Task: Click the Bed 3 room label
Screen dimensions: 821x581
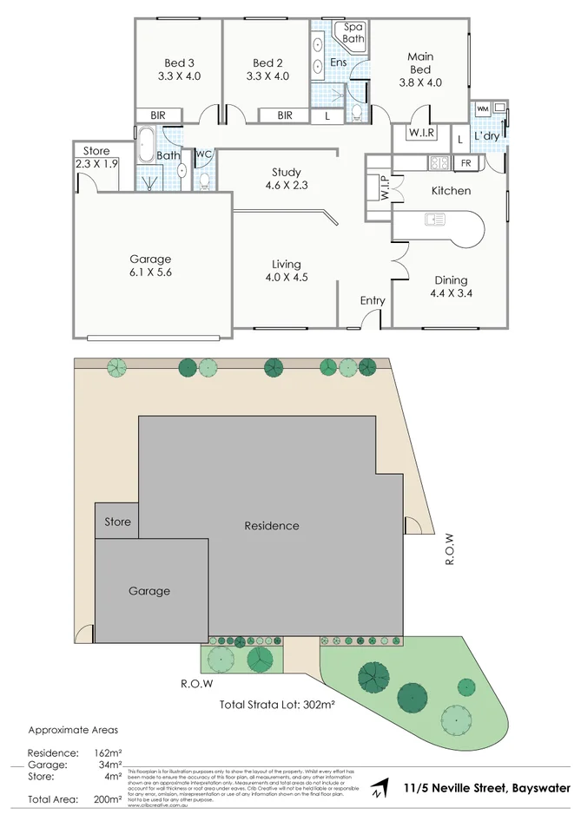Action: pos(179,62)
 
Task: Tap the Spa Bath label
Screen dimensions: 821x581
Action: pos(353,33)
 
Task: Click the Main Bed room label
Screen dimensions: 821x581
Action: pos(420,62)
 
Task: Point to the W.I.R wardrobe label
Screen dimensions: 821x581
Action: pos(422,133)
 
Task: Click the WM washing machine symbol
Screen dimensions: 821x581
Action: pos(483,108)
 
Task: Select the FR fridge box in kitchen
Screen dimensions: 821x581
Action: pos(466,163)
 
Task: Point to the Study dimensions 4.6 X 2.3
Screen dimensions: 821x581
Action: pos(286,185)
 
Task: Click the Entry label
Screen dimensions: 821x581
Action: pos(373,300)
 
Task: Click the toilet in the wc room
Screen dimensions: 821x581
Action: pos(204,181)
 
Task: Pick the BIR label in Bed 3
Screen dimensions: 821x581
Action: pos(158,115)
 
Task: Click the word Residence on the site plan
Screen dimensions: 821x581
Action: pos(272,526)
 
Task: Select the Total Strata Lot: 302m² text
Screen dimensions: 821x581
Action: pos(277,705)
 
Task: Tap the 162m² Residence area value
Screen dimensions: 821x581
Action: pos(108,752)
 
